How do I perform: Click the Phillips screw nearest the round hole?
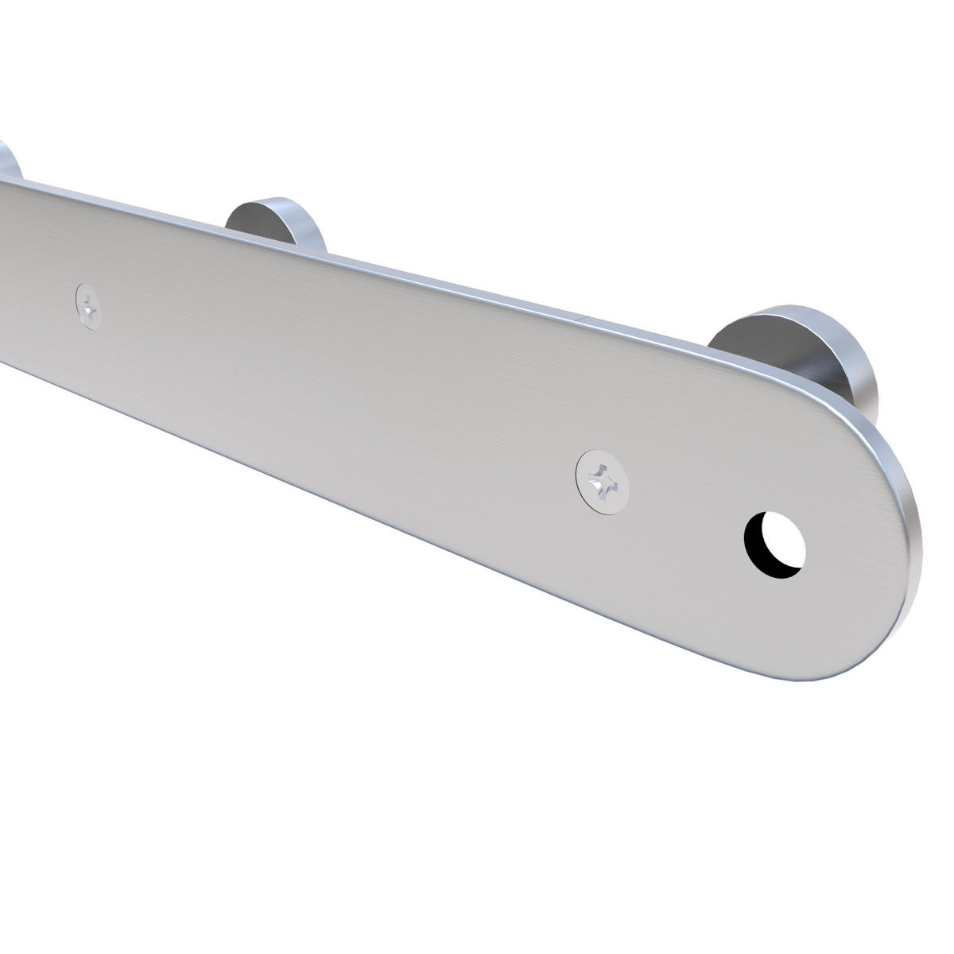point(601,480)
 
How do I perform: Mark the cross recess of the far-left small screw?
point(89,304)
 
